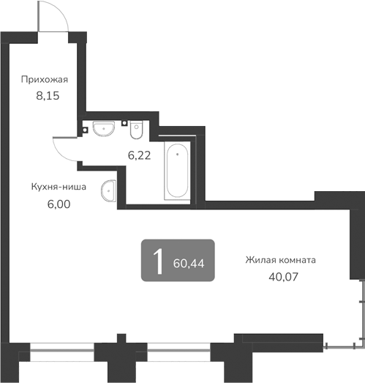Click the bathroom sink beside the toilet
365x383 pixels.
104,128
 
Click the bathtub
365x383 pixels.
176,172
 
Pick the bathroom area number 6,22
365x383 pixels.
139,155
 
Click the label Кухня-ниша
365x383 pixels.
59,187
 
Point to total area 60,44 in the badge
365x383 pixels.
190,263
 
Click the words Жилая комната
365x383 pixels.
281,260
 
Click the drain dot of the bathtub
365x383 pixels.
176,155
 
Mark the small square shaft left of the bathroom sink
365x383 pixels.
85,130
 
